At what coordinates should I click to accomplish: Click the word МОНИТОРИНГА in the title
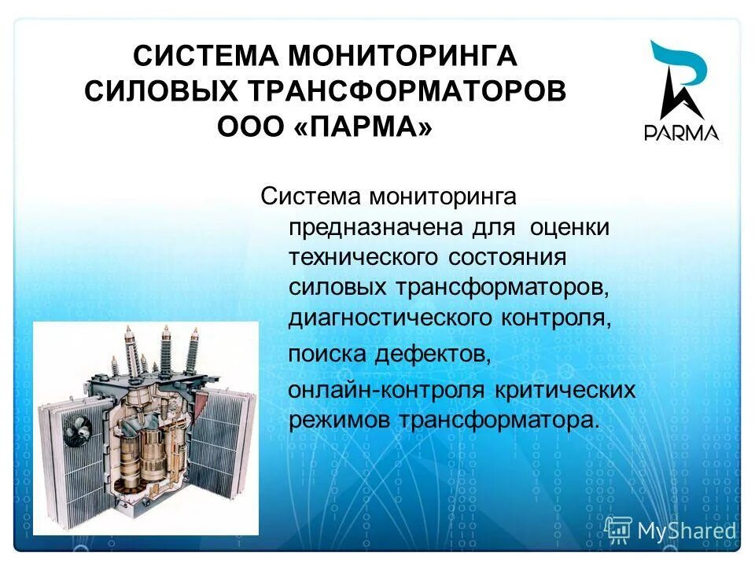[401, 57]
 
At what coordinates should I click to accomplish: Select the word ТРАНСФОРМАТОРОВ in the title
[406, 90]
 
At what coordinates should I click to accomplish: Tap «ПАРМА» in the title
[365, 125]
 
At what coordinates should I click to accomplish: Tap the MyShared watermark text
[687, 531]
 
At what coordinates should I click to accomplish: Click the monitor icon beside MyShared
[618, 531]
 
